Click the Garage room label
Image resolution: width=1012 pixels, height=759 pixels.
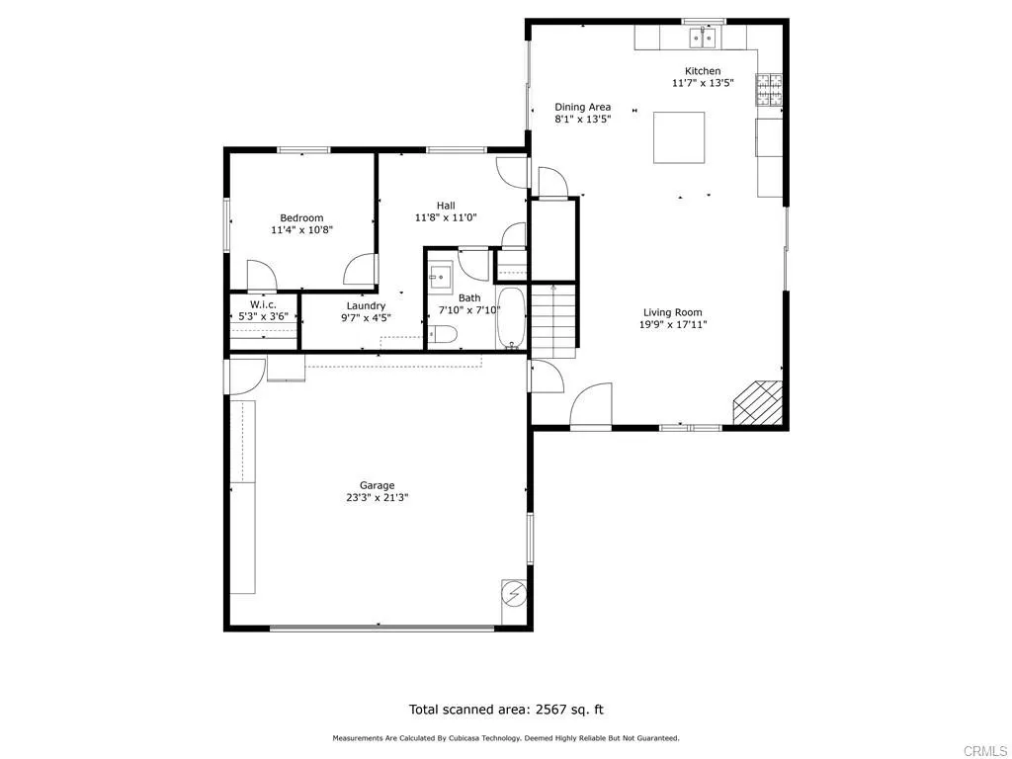(377, 485)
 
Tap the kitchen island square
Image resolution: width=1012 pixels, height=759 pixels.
(679, 137)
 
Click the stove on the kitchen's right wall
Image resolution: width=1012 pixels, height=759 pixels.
(769, 91)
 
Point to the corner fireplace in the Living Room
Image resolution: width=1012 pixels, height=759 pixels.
(759, 402)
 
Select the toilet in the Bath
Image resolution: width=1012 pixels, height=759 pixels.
(445, 335)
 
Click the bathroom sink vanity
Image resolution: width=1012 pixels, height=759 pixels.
(441, 274)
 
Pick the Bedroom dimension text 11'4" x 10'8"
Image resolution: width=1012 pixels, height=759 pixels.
(301, 230)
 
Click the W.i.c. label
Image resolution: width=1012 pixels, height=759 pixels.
(263, 304)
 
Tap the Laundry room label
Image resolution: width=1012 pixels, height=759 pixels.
(366, 306)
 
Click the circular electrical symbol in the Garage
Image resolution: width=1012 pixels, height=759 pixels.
(514, 593)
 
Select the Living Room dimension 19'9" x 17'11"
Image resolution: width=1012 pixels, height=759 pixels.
(673, 324)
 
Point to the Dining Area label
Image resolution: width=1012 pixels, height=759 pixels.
(582, 107)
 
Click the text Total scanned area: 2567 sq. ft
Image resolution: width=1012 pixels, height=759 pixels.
(506, 709)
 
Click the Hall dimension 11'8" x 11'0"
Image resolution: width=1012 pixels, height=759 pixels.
(446, 217)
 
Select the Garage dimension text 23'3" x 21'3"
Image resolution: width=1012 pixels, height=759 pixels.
(377, 498)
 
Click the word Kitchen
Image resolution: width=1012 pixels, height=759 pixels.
(703, 71)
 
